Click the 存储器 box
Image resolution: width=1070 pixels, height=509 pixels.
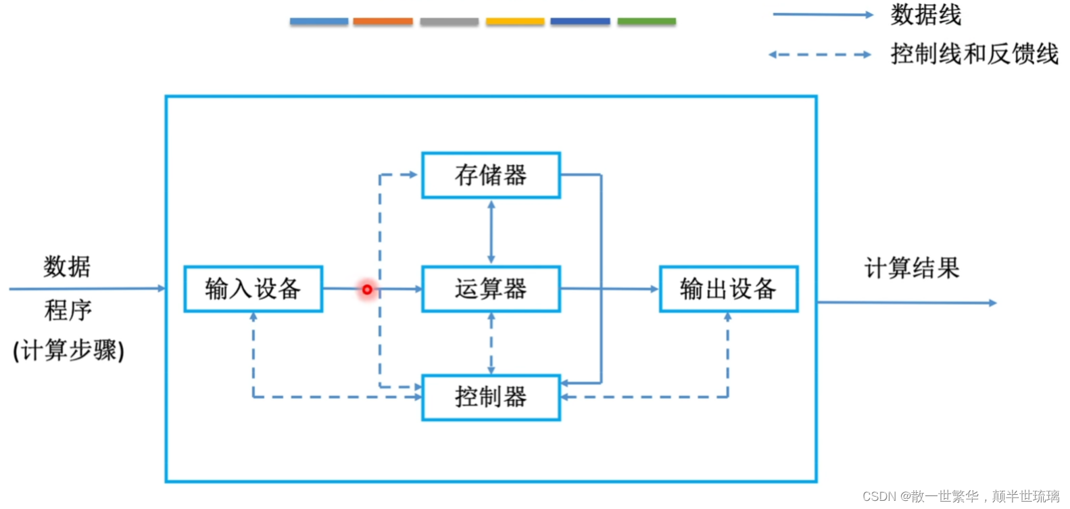click(491, 175)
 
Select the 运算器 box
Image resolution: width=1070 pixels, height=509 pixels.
click(491, 289)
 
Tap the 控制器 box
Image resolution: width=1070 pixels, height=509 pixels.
click(491, 397)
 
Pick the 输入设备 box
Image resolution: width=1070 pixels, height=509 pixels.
click(253, 289)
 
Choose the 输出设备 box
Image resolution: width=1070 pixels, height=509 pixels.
click(728, 289)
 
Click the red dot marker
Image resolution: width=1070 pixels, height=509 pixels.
click(367, 289)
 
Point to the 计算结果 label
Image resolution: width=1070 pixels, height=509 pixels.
click(912, 268)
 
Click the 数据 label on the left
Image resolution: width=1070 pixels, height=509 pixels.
click(67, 266)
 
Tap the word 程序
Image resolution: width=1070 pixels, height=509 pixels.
click(68, 310)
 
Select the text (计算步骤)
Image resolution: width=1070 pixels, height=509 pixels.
click(68, 351)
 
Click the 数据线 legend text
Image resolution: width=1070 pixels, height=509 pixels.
click(925, 14)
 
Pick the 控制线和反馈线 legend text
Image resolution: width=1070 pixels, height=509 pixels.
click(974, 54)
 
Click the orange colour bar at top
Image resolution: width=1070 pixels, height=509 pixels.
click(383, 22)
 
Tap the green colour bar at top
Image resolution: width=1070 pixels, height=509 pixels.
click(646, 22)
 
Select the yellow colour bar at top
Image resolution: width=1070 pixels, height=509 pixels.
click(514, 22)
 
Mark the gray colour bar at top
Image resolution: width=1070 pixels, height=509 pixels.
click(449, 22)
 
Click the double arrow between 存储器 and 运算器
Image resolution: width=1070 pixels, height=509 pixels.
click(491, 232)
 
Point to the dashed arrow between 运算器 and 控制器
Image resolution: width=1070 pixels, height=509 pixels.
click(491, 343)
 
